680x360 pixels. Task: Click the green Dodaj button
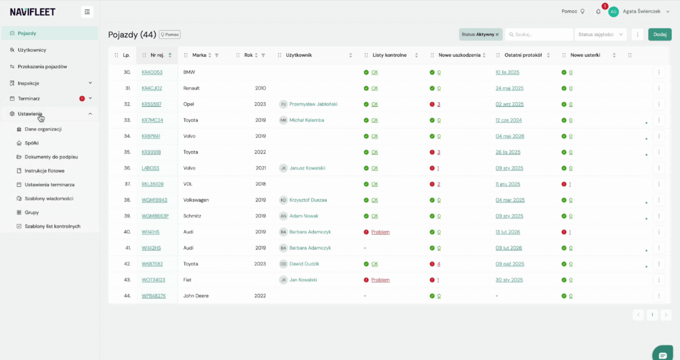659,34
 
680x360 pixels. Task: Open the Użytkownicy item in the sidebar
32,50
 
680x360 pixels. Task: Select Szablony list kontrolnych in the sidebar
53,226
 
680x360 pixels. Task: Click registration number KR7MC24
152,120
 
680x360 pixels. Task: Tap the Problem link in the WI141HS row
381,232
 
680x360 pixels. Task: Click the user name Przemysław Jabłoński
313,104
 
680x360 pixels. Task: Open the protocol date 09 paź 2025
509,264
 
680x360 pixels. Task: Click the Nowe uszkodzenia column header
459,55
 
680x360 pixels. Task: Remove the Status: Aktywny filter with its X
497,34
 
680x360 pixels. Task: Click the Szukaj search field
539,34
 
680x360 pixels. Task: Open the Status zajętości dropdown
600,34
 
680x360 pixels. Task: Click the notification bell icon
598,12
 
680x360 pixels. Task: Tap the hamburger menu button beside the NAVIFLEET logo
87,12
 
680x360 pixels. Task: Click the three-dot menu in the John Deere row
659,296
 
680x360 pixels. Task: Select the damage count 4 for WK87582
439,264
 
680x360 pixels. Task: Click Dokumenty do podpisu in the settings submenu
51,157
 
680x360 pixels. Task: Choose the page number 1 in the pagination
652,315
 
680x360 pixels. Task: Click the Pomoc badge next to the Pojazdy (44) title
169,34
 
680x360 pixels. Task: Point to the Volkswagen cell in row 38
196,200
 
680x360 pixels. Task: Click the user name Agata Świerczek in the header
642,11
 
